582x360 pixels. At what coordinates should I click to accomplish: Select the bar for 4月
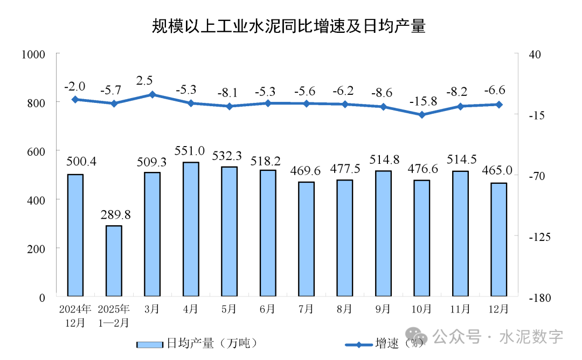tap(191, 229)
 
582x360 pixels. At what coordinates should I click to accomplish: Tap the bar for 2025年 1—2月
tap(114, 261)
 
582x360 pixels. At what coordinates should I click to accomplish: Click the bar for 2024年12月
tap(75, 235)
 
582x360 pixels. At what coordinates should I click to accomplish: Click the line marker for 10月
tap(422, 115)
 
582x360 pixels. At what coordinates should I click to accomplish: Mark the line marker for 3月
tap(153, 94)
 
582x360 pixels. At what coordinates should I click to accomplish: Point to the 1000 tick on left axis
tap(33, 54)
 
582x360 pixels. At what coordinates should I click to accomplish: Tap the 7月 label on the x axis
tap(306, 310)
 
